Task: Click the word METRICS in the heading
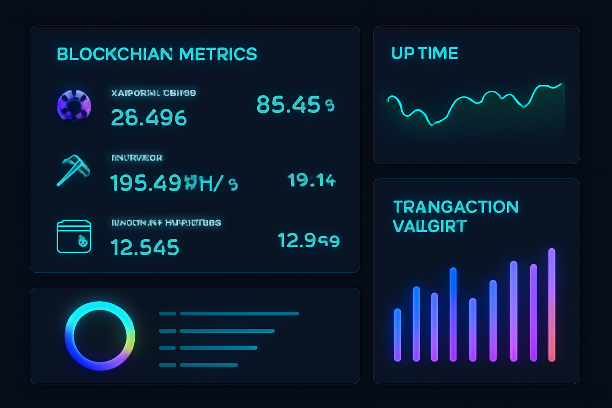pyautogui.click(x=218, y=54)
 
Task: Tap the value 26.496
pyautogui.click(x=149, y=118)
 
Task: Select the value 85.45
pyautogui.click(x=288, y=104)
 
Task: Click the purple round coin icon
pyautogui.click(x=74, y=106)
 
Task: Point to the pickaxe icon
pyautogui.click(x=73, y=170)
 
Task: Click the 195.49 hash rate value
pyautogui.click(x=145, y=183)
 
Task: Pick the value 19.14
pyautogui.click(x=312, y=180)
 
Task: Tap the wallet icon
pyautogui.click(x=74, y=237)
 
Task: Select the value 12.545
pyautogui.click(x=145, y=247)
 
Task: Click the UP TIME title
pyautogui.click(x=425, y=53)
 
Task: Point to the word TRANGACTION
pyautogui.click(x=456, y=207)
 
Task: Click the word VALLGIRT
pyautogui.click(x=430, y=226)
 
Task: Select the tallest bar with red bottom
pyautogui.click(x=551, y=305)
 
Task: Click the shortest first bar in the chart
pyautogui.click(x=398, y=335)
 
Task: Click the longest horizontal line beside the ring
pyautogui.click(x=239, y=314)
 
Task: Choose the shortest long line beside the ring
pyautogui.click(x=209, y=365)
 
